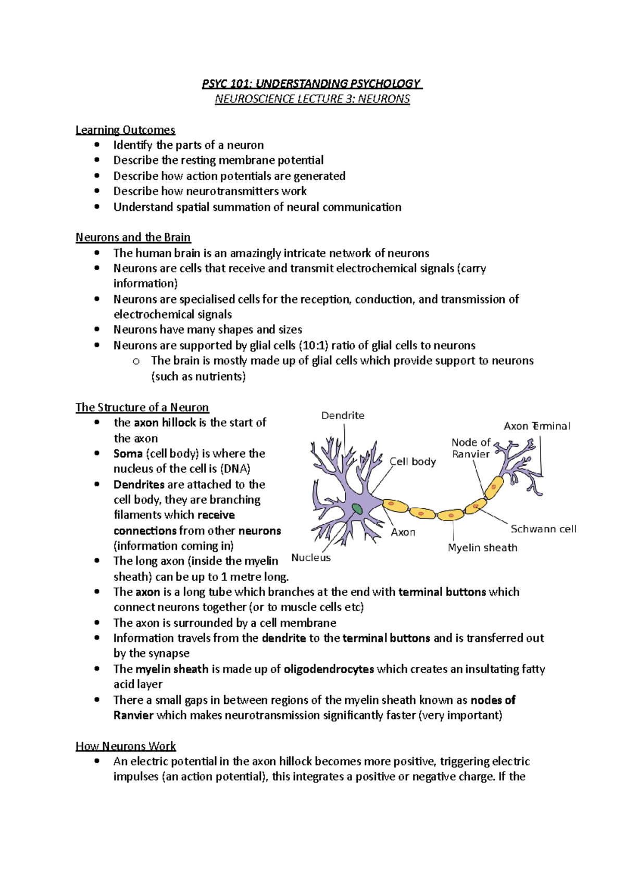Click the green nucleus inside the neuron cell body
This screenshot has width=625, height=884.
pos(357,509)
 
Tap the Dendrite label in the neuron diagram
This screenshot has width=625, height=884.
pos(343,415)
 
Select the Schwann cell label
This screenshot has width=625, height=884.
pos(543,529)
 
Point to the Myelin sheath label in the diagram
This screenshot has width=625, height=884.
pos(482,548)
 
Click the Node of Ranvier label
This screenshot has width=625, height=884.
pos(471,448)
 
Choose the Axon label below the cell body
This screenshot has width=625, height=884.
pos(403,532)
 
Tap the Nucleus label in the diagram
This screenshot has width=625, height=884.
pos(311,558)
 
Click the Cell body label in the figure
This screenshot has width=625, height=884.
pos(413,461)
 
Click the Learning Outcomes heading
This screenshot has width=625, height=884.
pos(125,130)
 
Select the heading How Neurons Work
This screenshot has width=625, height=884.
pos(126,746)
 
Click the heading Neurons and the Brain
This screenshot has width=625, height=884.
pos(133,237)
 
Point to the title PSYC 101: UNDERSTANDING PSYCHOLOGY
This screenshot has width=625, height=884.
pos(311,83)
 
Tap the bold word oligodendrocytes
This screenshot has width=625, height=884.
pos(329,669)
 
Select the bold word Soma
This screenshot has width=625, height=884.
pos(128,453)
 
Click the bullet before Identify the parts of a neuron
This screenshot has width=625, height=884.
pos(96,145)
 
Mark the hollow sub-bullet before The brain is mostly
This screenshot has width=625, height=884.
pos(136,361)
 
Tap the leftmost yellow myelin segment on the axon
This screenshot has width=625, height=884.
pos(395,505)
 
